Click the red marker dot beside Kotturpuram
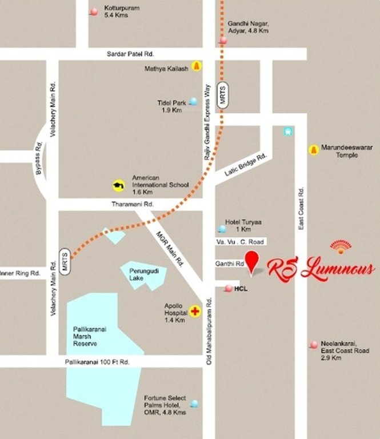(94, 11)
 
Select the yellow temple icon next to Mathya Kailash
(197, 66)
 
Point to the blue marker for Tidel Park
(193, 102)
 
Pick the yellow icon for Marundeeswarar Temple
(313, 150)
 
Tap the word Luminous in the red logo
(337, 269)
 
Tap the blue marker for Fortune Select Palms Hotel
(195, 404)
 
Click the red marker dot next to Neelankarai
(313, 344)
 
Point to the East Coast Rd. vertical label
(301, 209)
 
